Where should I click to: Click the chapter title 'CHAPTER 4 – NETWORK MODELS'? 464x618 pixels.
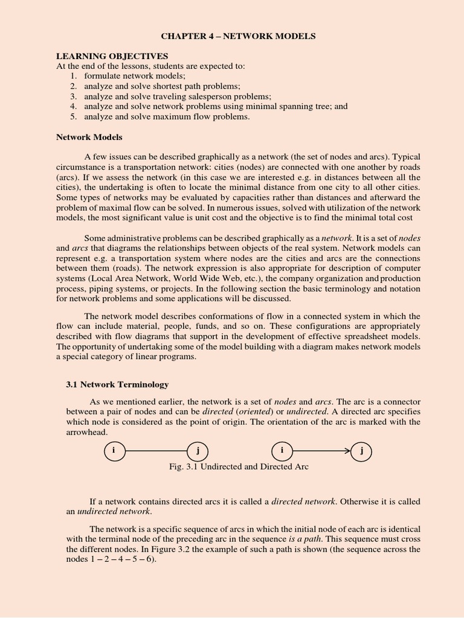[x=237, y=37]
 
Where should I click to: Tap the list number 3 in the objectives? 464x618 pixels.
[x=73, y=97]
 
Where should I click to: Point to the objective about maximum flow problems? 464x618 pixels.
[x=167, y=116]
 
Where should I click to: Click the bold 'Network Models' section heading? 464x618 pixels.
[x=89, y=137]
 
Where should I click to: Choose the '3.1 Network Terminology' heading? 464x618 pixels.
[x=117, y=384]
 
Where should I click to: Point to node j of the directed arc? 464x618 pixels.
[x=361, y=451]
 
